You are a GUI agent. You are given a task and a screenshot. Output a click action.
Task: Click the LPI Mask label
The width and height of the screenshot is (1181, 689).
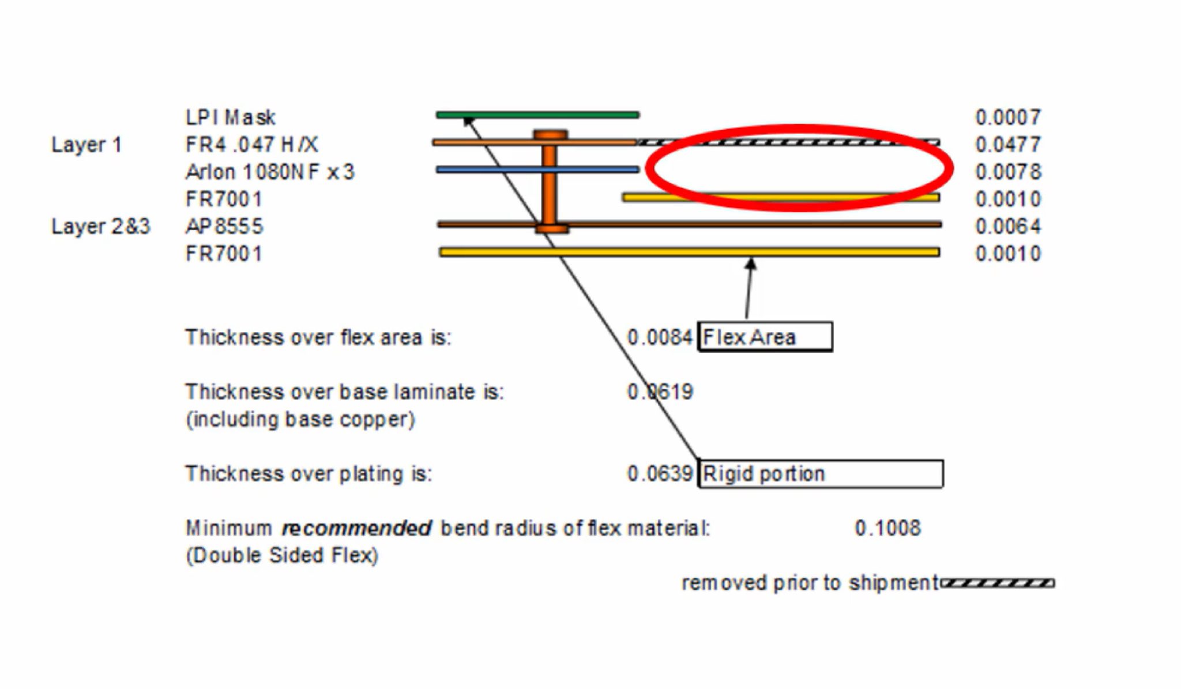(230, 118)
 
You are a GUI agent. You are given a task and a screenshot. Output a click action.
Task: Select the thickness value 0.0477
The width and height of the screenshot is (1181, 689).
(1007, 145)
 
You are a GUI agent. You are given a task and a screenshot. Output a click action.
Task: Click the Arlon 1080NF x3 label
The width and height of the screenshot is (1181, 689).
(269, 172)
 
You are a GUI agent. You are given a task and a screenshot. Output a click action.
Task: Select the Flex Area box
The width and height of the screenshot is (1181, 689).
(765, 337)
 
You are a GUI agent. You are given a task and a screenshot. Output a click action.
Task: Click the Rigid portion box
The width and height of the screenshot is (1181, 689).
(821, 474)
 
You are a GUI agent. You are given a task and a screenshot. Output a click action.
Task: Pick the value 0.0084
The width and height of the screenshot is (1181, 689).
(659, 337)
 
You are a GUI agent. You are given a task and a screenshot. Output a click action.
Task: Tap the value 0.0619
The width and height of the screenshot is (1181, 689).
(659, 392)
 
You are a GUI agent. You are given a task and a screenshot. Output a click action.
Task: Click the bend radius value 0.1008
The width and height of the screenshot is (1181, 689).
(887, 528)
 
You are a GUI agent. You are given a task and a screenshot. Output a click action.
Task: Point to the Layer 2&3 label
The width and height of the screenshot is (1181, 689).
(101, 227)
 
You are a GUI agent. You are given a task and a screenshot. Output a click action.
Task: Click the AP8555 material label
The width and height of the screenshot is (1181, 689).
(224, 227)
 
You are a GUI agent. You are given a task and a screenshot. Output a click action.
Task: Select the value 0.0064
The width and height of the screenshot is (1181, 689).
(1007, 227)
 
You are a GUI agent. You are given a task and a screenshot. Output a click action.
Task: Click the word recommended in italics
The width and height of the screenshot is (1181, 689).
(356, 528)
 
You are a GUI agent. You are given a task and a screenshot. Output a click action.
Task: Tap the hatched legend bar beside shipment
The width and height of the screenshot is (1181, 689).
(998, 583)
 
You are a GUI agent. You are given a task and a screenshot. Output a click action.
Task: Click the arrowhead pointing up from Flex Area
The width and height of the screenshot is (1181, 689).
(751, 265)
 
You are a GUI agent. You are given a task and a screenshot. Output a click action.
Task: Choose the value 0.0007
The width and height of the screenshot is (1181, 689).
(1007, 118)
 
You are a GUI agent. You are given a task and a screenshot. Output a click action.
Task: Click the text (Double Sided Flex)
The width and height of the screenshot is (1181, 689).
(281, 555)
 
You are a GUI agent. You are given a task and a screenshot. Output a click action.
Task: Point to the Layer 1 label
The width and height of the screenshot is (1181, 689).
(86, 145)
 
